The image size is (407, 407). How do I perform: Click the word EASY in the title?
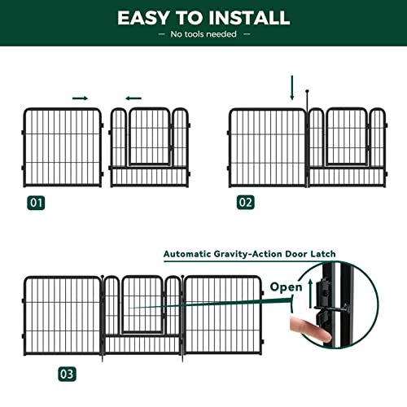click(x=147, y=17)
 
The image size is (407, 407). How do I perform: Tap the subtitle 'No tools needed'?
click(x=203, y=34)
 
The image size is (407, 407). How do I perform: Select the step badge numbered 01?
click(x=35, y=203)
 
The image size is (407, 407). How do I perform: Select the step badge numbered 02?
click(x=245, y=203)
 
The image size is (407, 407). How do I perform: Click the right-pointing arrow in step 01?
click(x=80, y=98)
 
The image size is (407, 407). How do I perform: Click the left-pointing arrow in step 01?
click(x=133, y=98)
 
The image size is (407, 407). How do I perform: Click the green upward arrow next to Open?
click(x=309, y=290)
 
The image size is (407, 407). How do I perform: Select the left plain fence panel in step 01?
click(x=62, y=147)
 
